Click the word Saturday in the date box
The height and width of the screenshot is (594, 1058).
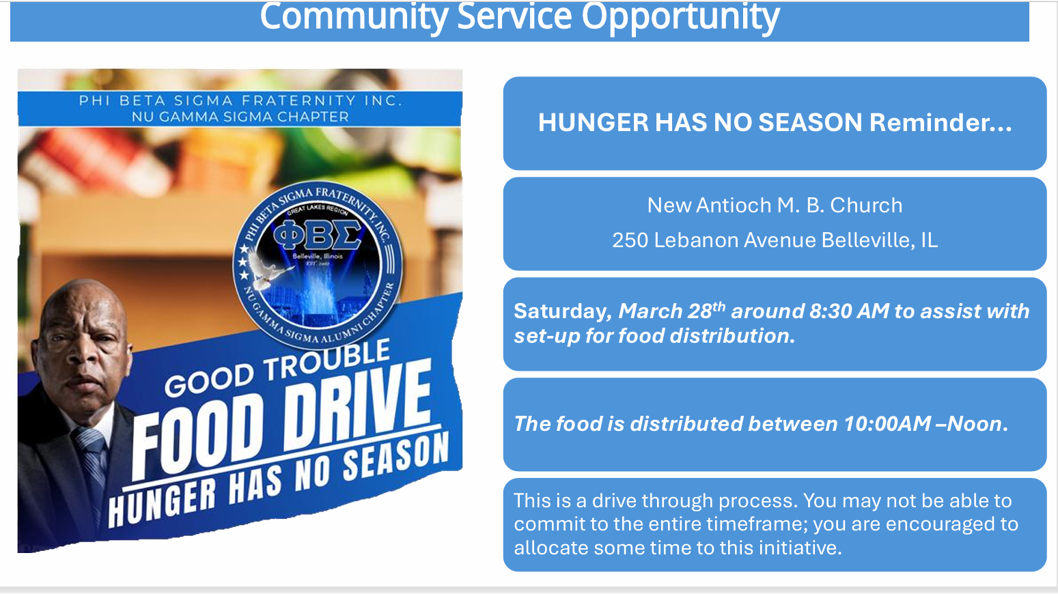coord(561,311)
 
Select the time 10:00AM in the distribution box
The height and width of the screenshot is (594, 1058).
coord(887,424)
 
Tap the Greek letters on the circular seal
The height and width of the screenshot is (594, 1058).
coord(318,236)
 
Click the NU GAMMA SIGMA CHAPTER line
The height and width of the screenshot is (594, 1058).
coord(240,117)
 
